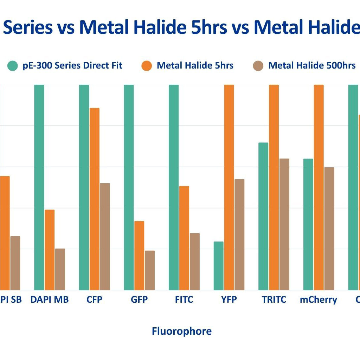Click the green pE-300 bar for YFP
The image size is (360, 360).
click(218, 266)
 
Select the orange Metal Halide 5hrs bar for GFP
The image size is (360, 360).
click(139, 256)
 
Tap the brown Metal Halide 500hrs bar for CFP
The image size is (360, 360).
click(105, 237)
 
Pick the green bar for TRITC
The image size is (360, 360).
click(263, 216)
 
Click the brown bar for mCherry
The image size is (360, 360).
click(329, 229)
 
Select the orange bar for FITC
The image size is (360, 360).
click(184, 238)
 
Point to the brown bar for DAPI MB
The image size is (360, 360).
click(60, 269)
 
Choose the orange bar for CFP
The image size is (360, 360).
click(94, 199)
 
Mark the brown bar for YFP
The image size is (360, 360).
click(239, 234)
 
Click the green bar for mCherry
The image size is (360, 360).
click(308, 224)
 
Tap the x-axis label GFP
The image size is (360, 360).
click(139, 300)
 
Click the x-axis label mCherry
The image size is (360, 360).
click(318, 300)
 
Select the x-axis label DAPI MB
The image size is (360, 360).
click(50, 300)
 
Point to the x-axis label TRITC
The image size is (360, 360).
click(274, 300)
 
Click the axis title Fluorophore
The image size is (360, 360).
click(181, 331)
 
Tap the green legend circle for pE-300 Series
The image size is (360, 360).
click(13, 66)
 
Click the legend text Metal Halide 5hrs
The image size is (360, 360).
click(195, 65)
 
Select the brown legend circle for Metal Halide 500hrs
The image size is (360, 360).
click(258, 66)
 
